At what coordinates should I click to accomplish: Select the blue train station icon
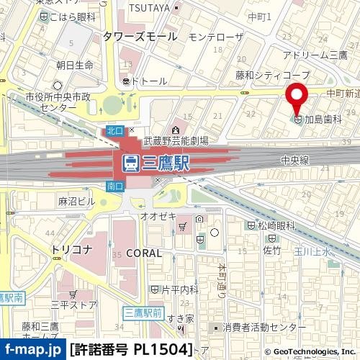pyautogui.click(x=131, y=163)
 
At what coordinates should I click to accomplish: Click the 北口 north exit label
pyautogui.click(x=114, y=130)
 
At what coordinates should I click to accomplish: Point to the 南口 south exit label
pyautogui.click(x=114, y=186)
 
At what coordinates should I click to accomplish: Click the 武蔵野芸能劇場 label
pyautogui.click(x=176, y=141)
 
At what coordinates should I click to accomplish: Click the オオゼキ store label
pyautogui.click(x=154, y=214)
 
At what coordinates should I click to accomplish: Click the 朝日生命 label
pyautogui.click(x=75, y=66)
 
